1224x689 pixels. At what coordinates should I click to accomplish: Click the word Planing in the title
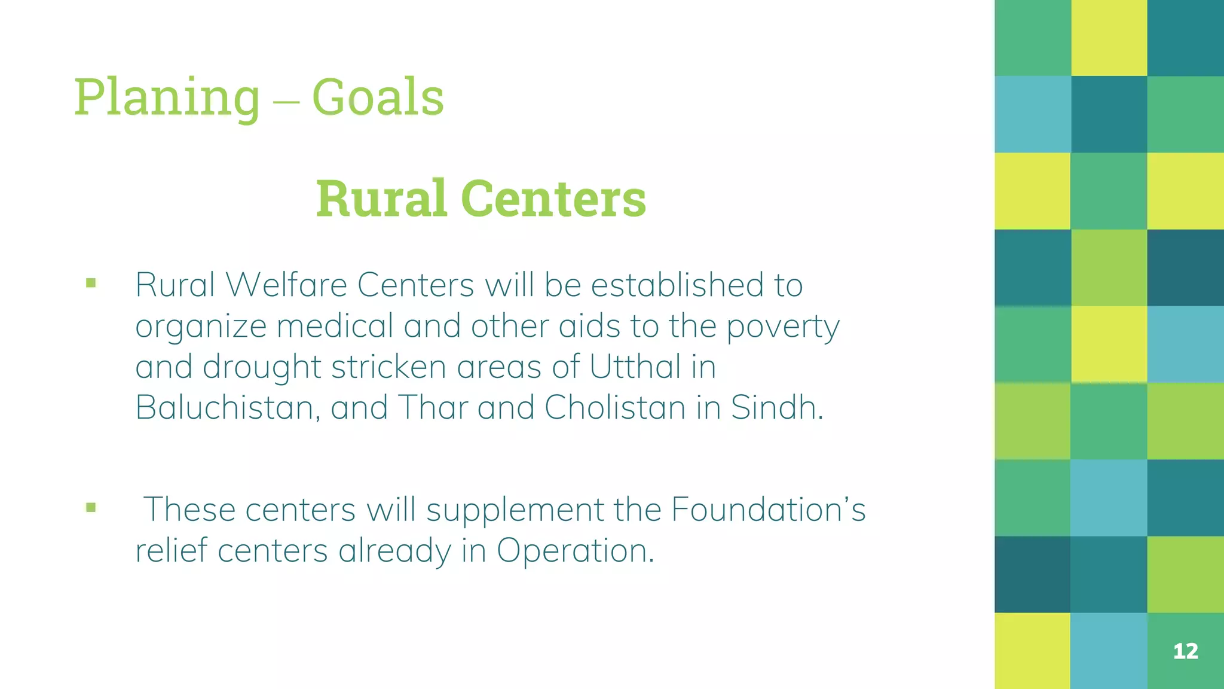point(167,97)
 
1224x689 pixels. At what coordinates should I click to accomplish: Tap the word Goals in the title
point(378,97)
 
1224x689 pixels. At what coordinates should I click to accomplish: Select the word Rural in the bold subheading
point(381,199)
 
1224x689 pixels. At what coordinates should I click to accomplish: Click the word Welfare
point(286,285)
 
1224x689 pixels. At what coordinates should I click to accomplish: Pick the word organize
point(201,327)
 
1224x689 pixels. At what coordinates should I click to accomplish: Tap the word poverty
point(783,327)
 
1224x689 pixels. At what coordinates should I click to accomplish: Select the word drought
point(262,367)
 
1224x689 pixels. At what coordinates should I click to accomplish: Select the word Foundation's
point(768,510)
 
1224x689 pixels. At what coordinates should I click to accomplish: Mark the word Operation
point(575,551)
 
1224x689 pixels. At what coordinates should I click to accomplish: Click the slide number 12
point(1186,651)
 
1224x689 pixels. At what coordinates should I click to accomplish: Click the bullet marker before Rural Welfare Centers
point(91,283)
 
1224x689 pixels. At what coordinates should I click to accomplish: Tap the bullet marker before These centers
point(91,508)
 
